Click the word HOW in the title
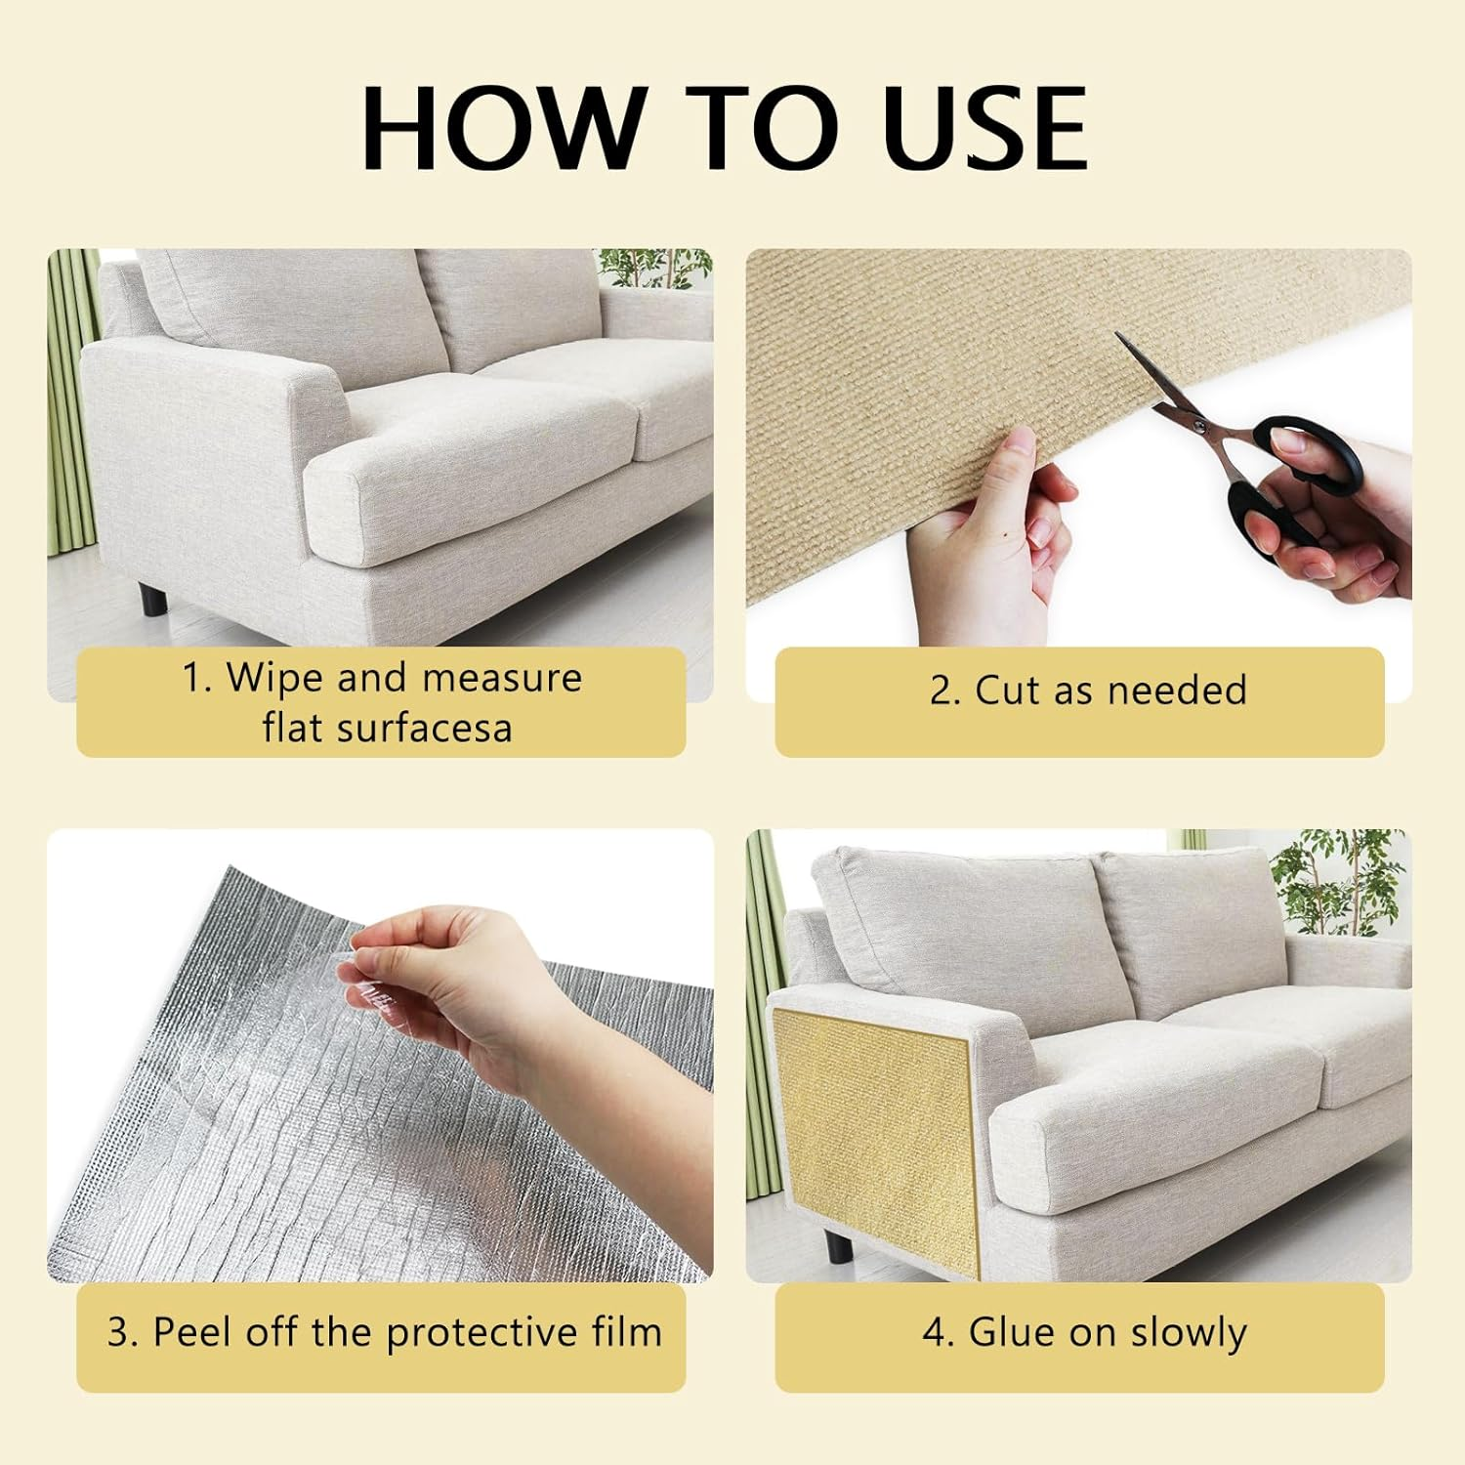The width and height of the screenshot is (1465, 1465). coord(503,129)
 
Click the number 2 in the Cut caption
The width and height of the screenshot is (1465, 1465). coord(942,691)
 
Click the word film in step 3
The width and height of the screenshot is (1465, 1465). coord(630,1333)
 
